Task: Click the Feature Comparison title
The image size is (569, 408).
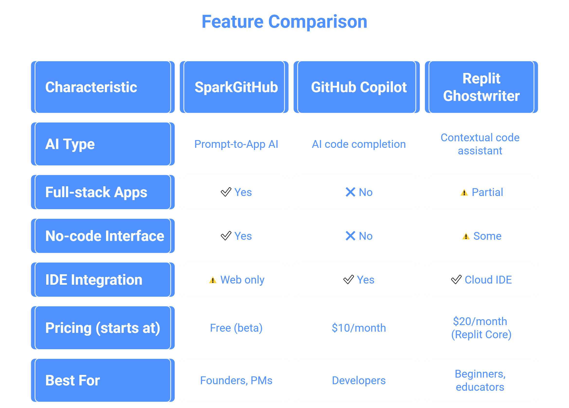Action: tap(284, 22)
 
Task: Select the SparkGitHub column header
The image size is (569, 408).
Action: tap(234, 87)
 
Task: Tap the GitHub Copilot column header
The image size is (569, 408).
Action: tap(356, 87)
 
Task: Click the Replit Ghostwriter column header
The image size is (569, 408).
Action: tap(481, 87)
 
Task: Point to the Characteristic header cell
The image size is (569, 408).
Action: tap(103, 87)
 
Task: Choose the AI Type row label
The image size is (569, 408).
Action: tap(103, 144)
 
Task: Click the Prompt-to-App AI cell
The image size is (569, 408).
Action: tap(234, 144)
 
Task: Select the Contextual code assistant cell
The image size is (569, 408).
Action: tap(481, 144)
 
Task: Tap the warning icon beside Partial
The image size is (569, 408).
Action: tap(464, 193)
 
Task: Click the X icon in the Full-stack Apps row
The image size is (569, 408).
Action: tap(350, 192)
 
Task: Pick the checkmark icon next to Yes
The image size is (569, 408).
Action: tap(226, 236)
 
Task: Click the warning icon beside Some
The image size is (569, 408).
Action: tap(466, 236)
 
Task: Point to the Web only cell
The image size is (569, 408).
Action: tap(234, 280)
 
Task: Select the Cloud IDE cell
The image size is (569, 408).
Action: tap(481, 280)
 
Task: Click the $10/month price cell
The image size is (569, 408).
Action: tap(356, 328)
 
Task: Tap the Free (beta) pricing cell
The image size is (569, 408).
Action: tap(234, 328)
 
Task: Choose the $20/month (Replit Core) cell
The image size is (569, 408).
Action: tap(481, 328)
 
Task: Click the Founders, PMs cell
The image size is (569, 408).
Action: tap(234, 380)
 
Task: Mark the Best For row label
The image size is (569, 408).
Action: tap(103, 380)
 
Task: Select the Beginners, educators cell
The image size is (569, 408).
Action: tap(481, 380)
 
